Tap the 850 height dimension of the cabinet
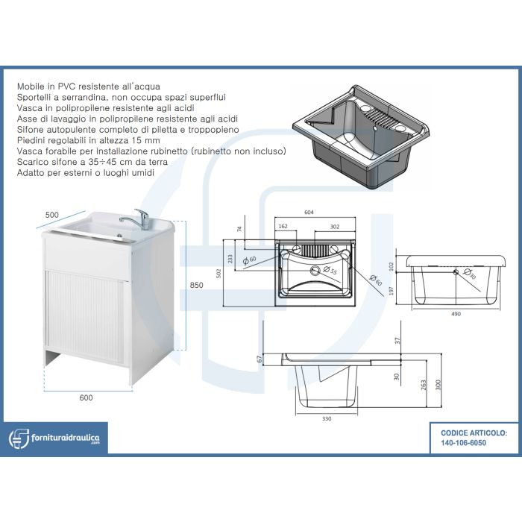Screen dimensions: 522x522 tap(196, 285)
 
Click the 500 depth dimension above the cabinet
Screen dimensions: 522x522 tap(51, 215)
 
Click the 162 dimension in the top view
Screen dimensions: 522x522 tap(283, 227)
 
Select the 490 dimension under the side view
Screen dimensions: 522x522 tap(455, 314)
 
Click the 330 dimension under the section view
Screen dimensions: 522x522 tap(327, 418)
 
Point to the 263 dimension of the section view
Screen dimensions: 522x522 tap(422, 385)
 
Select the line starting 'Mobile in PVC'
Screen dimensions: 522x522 tap(89, 87)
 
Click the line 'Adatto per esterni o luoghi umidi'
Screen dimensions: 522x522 tap(86, 174)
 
